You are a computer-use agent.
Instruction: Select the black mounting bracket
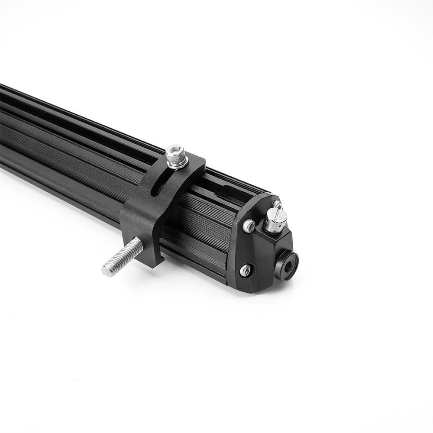pos(143,216)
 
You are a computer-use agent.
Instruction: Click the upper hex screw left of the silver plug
pos(249,225)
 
